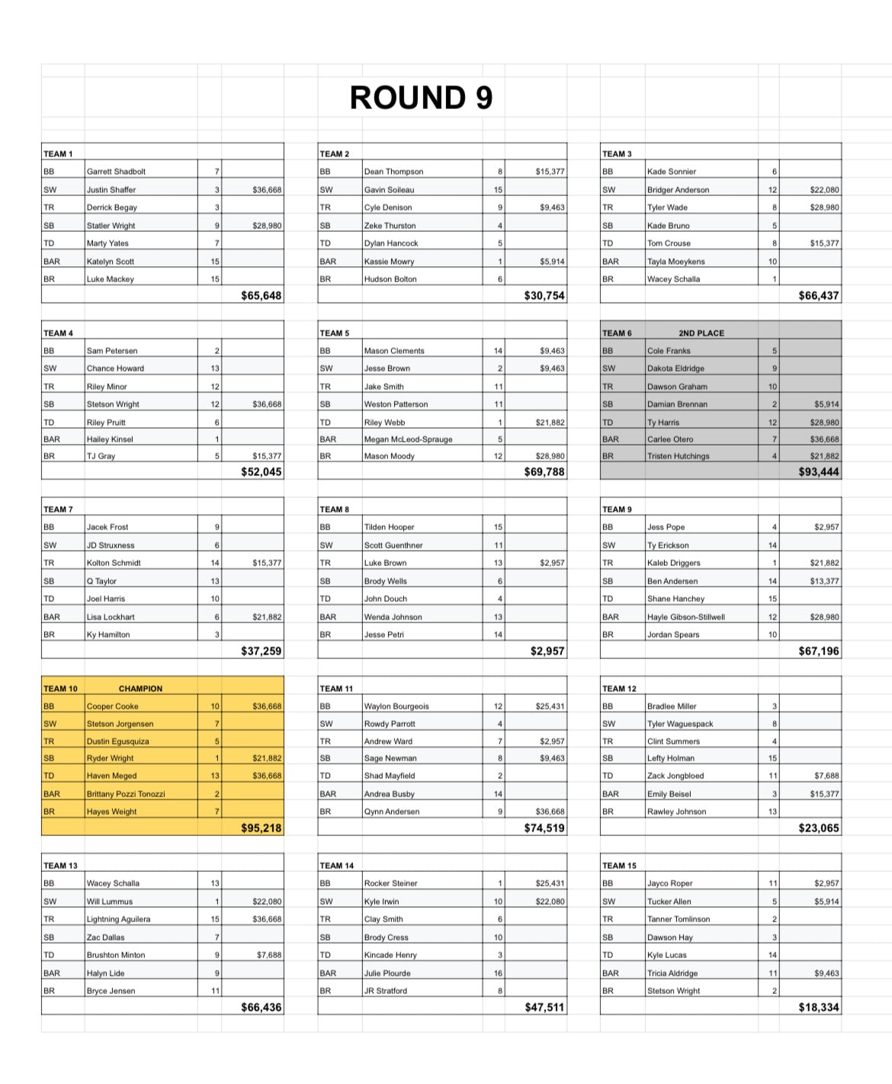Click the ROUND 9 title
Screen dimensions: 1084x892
point(421,98)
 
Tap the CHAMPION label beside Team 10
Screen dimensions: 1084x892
point(140,688)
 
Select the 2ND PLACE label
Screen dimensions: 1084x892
point(701,333)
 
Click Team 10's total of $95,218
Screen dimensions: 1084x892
point(261,828)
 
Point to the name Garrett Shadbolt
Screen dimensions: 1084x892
point(116,172)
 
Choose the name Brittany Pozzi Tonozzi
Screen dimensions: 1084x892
point(126,794)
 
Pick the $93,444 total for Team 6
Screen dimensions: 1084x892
point(818,472)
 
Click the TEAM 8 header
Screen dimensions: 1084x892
point(334,510)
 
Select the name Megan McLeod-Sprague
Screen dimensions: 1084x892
point(408,439)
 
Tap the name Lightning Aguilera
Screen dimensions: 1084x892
point(118,919)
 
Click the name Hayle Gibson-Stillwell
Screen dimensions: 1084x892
point(685,617)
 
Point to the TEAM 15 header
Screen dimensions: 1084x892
point(618,866)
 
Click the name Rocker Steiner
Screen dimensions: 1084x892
point(390,883)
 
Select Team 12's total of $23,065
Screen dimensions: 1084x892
point(818,828)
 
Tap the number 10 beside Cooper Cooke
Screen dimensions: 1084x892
point(215,706)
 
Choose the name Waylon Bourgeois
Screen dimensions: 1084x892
point(396,706)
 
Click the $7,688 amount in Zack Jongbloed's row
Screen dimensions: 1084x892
point(826,776)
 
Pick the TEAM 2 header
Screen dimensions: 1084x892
point(334,154)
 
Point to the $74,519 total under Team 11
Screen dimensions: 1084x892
point(544,828)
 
